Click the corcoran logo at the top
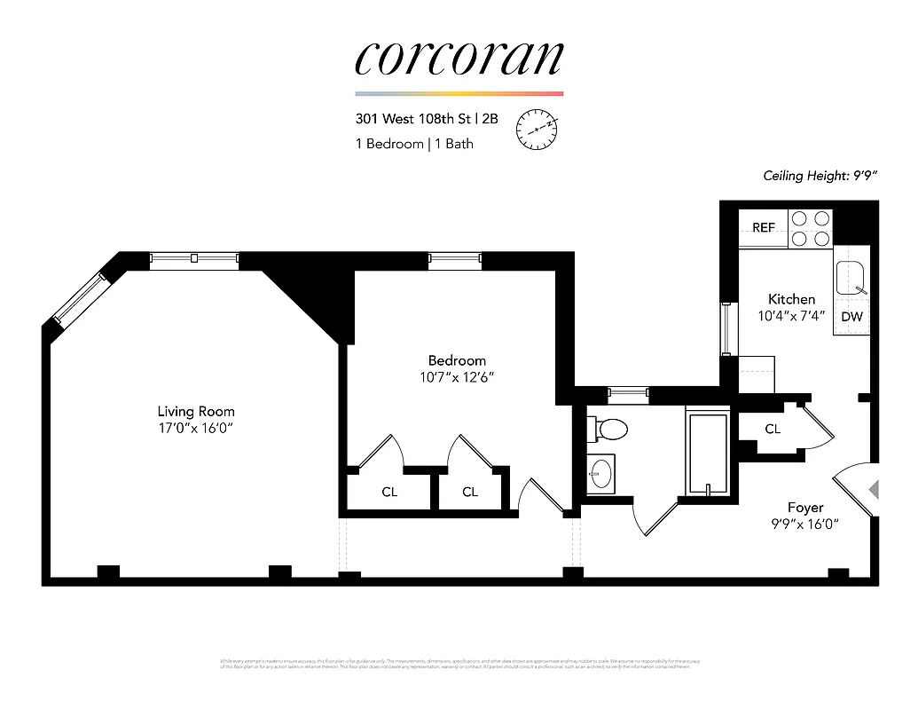click(x=459, y=58)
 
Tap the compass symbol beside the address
click(x=537, y=130)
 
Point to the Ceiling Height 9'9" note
click(x=820, y=176)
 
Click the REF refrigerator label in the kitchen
click(x=763, y=228)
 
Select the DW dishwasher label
click(x=851, y=317)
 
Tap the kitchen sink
click(x=851, y=277)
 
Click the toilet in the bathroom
click(x=608, y=429)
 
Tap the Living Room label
click(x=196, y=412)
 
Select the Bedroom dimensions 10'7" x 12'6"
click(x=457, y=377)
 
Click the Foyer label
click(x=805, y=508)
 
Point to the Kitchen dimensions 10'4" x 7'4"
click(x=791, y=315)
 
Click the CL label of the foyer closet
click(x=773, y=429)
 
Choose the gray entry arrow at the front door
click(x=873, y=489)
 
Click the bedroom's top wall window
click(x=455, y=259)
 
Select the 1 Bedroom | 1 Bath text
click(x=414, y=144)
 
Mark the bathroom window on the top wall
click(x=627, y=391)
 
